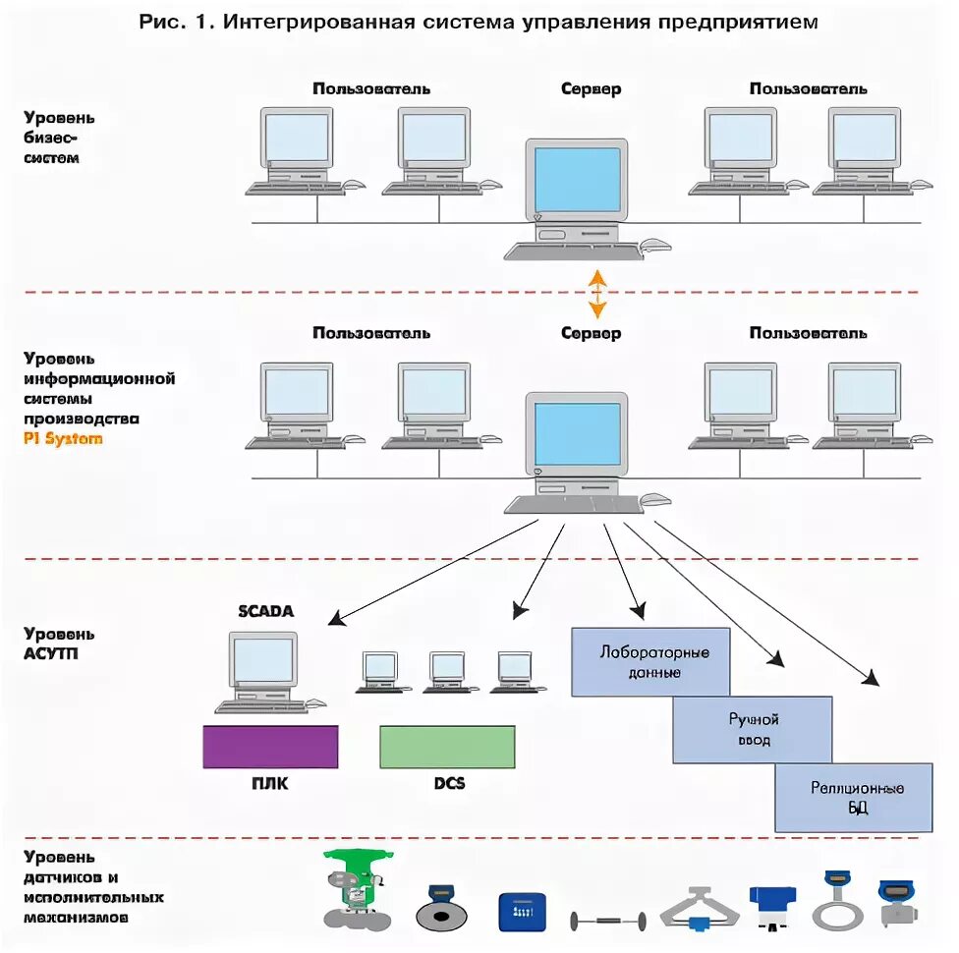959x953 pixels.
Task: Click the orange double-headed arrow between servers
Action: [597, 292]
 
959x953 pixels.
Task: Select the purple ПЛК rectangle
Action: [270, 747]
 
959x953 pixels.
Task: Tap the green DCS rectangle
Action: [447, 747]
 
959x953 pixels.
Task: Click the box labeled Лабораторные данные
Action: [650, 661]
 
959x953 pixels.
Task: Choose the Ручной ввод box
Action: [753, 730]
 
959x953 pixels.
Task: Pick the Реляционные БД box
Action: [854, 798]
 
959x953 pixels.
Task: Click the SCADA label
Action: [265, 611]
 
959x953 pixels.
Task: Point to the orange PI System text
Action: [63, 438]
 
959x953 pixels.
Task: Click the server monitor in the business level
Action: [577, 180]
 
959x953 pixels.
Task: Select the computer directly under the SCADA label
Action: [262, 663]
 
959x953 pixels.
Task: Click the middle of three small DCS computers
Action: [447, 668]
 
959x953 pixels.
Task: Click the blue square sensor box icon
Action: [522, 912]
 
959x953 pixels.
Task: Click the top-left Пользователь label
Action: [371, 88]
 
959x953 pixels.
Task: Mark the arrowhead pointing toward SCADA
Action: [336, 619]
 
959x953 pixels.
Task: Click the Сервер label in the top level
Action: [591, 88]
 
